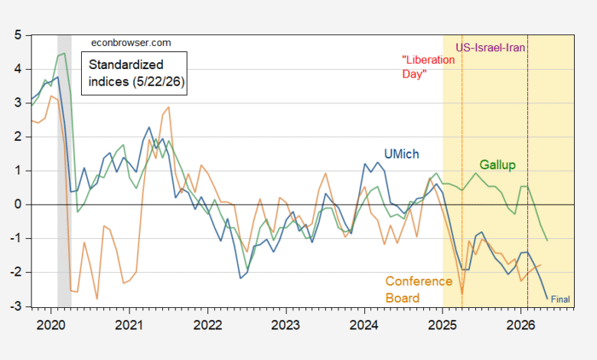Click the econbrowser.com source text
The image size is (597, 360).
click(x=131, y=43)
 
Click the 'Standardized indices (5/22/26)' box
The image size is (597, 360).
click(x=134, y=73)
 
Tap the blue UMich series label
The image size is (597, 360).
click(x=401, y=154)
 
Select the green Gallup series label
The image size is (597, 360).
click(x=497, y=165)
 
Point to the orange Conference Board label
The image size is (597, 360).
click(x=419, y=290)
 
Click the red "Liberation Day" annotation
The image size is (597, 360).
click(x=429, y=67)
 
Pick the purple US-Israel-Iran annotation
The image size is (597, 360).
click(x=491, y=47)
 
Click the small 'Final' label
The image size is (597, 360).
click(x=560, y=299)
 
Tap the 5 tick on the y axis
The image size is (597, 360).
click(x=18, y=35)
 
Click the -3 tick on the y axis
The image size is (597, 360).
click(x=15, y=306)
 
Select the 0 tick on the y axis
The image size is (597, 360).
click(x=18, y=205)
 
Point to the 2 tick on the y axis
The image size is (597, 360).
click(x=18, y=137)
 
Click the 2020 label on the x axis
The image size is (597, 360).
click(x=51, y=325)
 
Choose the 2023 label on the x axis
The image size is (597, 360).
click(x=285, y=325)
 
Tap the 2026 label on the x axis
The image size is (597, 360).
click(x=520, y=325)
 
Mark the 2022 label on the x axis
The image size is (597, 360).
click(x=207, y=325)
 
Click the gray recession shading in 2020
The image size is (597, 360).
click(x=64, y=171)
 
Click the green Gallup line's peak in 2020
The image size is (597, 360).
click(x=64, y=54)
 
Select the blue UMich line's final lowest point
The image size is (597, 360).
click(x=547, y=299)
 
